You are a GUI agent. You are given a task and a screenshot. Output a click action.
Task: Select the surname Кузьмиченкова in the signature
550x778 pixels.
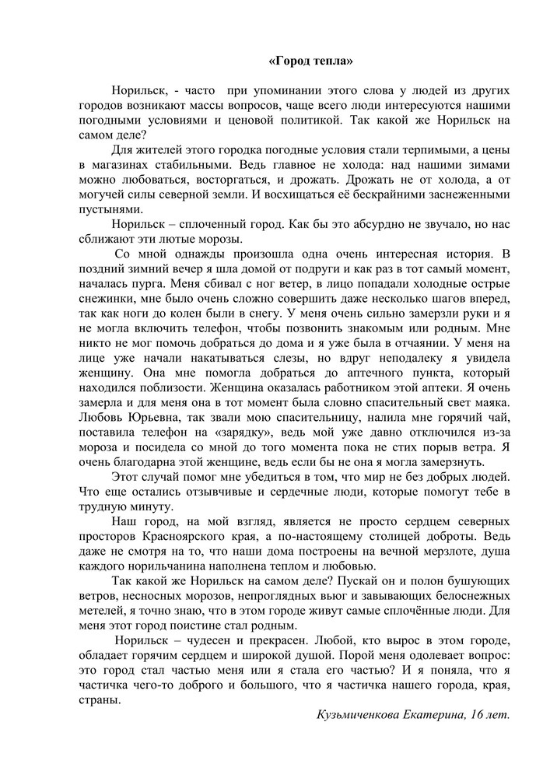363,715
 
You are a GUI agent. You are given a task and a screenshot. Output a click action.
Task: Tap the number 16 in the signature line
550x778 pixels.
477,715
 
